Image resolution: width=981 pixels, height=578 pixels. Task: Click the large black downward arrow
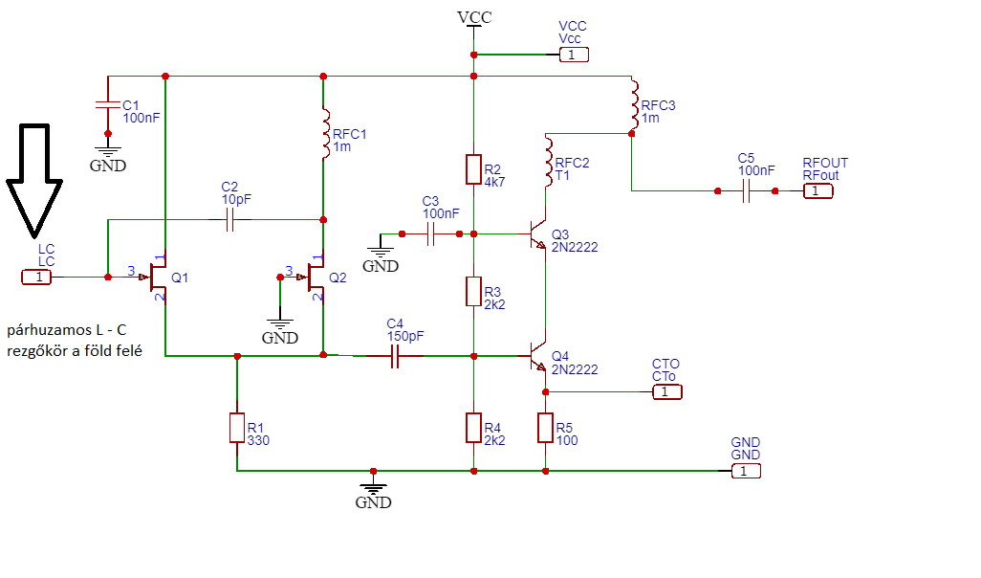point(34,182)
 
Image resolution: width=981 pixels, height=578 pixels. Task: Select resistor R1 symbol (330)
point(237,428)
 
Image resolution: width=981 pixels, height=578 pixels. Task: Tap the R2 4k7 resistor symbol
point(473,169)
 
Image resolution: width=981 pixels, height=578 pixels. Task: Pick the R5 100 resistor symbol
point(546,428)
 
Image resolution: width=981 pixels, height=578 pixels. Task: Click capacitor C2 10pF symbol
point(229,220)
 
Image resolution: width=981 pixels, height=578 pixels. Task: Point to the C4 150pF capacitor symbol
point(395,356)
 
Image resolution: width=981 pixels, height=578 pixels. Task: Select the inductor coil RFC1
point(325,133)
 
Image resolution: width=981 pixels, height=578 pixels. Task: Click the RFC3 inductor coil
point(634,104)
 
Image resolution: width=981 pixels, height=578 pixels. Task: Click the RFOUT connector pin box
point(818,191)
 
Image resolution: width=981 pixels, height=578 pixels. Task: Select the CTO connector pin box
point(667,392)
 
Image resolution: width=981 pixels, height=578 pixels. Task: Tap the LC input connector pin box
point(36,277)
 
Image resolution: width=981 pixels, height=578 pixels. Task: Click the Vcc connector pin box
point(574,55)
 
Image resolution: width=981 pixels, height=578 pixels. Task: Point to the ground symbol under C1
point(108,151)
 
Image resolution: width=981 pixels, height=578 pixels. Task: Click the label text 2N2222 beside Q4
point(575,369)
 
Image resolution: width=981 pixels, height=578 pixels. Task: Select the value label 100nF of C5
point(756,170)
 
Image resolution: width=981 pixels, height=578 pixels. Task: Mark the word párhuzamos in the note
point(49,331)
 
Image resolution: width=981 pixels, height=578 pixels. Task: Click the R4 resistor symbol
point(473,428)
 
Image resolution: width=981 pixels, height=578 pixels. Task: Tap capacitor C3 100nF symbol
point(430,234)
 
